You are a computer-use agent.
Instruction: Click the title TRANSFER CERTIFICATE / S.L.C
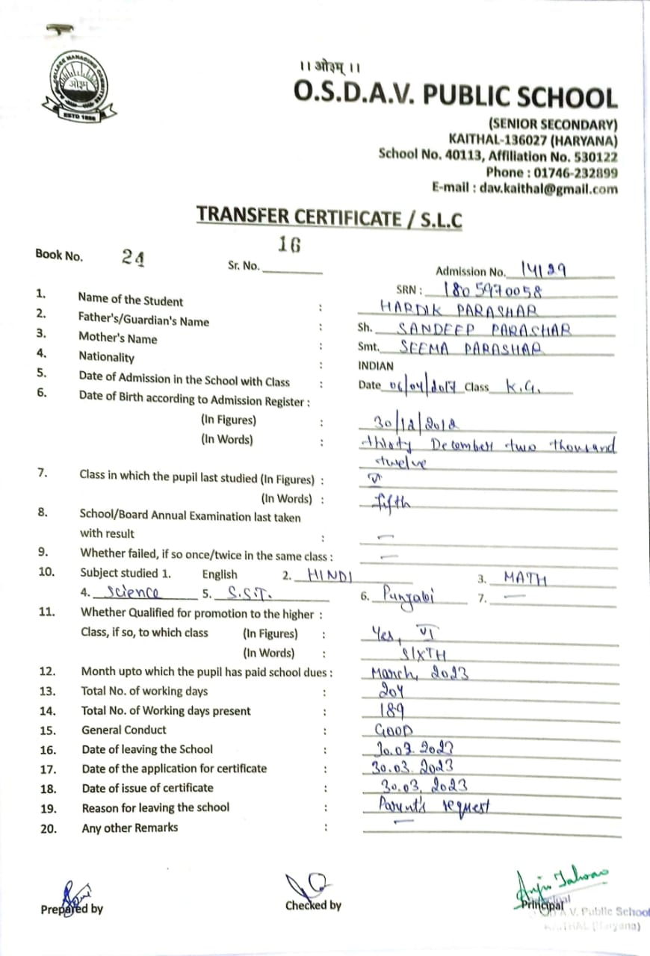click(329, 217)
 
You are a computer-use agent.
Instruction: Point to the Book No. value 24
click(134, 257)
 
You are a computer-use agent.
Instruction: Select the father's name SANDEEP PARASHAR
click(484, 329)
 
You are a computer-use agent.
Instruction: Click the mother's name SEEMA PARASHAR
click(471, 348)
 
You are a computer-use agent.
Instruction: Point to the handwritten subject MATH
click(525, 578)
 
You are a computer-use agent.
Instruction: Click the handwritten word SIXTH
click(424, 655)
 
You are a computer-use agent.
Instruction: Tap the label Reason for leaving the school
click(155, 807)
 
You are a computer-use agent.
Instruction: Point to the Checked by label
click(313, 905)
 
